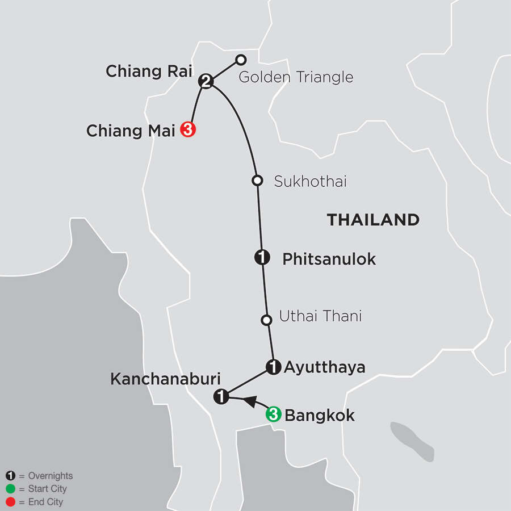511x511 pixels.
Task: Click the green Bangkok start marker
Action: pos(273,415)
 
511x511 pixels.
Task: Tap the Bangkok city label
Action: pos(319,416)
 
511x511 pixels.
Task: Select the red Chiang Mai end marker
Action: pos(188,130)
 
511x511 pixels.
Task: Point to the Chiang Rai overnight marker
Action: pos(206,82)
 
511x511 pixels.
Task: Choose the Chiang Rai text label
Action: pos(149,72)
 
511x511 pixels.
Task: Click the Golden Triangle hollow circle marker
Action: pos(241,59)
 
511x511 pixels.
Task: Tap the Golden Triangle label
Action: pos(296,77)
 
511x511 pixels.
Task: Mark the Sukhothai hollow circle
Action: pos(257,181)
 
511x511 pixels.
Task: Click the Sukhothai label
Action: pos(310,182)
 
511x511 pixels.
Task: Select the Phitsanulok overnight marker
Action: pos(261,258)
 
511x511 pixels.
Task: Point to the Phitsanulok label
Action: pos(329,259)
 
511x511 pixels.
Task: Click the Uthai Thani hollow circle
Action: pos(266,320)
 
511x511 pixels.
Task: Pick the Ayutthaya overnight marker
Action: pos(273,367)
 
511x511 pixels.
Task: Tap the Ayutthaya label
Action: pos(324,367)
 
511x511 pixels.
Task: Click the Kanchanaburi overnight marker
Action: pos(221,397)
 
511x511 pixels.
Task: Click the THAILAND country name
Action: pos(373,220)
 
